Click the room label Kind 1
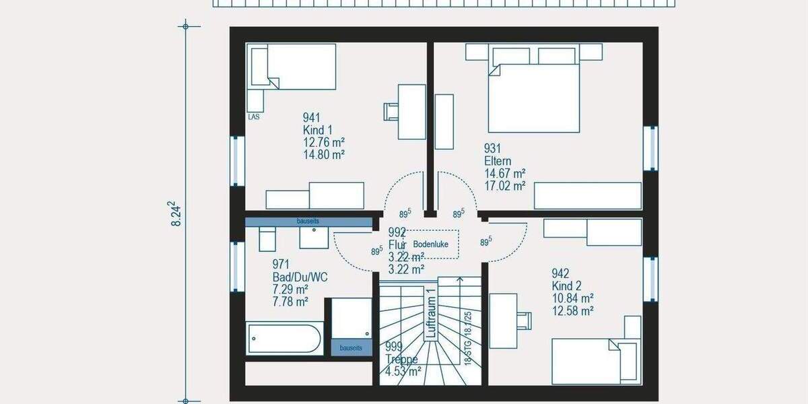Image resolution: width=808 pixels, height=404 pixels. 318,130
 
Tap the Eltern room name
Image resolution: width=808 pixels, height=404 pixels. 498,162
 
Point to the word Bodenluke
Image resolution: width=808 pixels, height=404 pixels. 431,244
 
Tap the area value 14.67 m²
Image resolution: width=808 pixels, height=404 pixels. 504,174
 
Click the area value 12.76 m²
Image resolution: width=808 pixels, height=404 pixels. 324,142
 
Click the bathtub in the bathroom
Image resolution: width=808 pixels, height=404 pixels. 284,339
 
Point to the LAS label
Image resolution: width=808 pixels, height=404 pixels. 254,116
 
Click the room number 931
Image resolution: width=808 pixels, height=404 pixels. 493,149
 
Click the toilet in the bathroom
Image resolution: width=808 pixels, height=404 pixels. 267,238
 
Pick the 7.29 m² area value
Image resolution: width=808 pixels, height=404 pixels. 290,290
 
